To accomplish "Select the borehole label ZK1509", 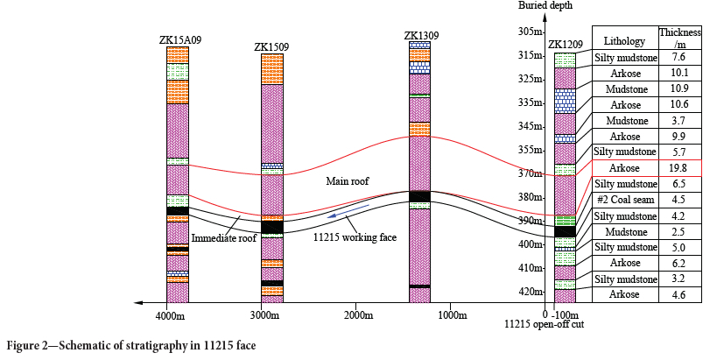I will [x=272, y=46].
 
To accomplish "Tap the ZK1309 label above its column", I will [x=421, y=35].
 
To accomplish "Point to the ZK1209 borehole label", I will [x=565, y=46].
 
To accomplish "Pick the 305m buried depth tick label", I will [x=530, y=32].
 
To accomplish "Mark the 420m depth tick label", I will [x=530, y=291].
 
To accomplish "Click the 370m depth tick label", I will [x=530, y=173].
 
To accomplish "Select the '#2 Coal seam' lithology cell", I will [x=625, y=200].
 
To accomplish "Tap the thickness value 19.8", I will [x=678, y=168].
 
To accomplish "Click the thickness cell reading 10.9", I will [x=678, y=88].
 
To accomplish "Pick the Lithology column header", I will [x=625, y=41].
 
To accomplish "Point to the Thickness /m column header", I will [x=678, y=38].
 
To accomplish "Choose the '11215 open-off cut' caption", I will [x=544, y=325].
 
